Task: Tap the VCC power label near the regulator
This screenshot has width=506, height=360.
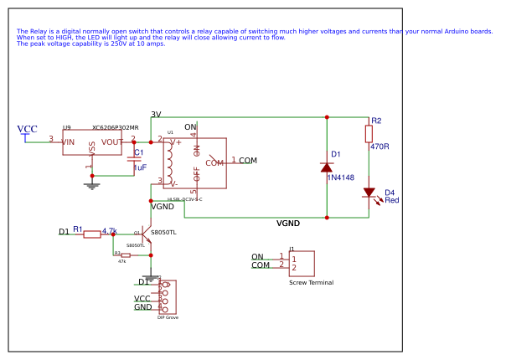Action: pos(27,129)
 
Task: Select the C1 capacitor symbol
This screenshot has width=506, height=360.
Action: pos(133,159)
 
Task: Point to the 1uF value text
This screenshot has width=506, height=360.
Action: pos(140,167)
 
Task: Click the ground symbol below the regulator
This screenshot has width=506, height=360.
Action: pos(92,183)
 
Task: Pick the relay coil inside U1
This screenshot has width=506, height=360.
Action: pos(170,162)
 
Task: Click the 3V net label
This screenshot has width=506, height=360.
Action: pos(156,114)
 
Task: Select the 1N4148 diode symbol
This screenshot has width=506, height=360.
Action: pos(327,167)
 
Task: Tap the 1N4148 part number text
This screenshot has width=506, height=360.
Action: pos(341,177)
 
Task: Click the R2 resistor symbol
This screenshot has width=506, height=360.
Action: pos(369,134)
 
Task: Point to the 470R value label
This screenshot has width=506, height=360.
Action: pos(379,147)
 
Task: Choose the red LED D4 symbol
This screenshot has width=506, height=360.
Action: pos(369,193)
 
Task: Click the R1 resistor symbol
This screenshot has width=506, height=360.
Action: pos(92,234)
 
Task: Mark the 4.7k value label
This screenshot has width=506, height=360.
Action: pos(109,230)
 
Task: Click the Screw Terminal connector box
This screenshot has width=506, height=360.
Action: pos(301,263)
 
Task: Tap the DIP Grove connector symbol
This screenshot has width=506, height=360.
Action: pos(167,296)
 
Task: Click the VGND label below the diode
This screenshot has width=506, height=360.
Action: pos(288,224)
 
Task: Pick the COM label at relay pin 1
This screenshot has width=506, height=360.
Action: pos(248,160)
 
